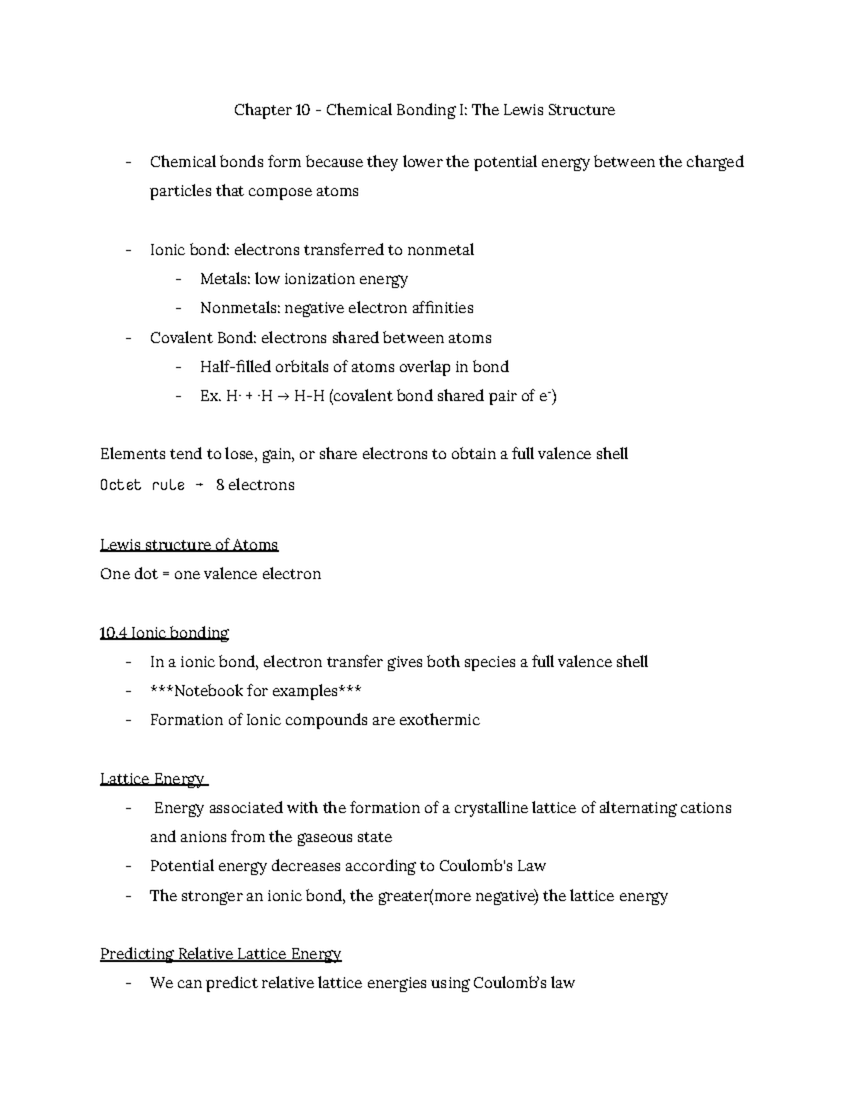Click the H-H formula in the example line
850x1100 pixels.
[308, 397]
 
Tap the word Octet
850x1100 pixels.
[121, 485]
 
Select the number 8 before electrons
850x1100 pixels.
[220, 485]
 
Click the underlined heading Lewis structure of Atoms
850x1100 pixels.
[189, 545]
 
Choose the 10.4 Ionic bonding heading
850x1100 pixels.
[164, 633]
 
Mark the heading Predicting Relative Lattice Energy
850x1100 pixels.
[221, 954]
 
